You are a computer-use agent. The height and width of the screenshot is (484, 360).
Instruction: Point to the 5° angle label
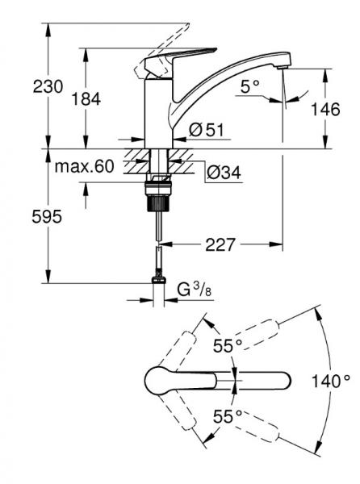[250, 84]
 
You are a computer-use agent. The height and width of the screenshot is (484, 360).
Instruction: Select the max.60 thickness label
[84, 168]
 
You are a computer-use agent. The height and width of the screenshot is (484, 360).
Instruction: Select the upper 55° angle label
[228, 345]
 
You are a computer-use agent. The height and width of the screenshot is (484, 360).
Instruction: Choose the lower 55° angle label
[228, 416]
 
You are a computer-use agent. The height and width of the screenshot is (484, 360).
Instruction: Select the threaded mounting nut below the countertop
[160, 194]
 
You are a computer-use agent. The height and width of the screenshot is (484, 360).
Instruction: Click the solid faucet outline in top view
[218, 380]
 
